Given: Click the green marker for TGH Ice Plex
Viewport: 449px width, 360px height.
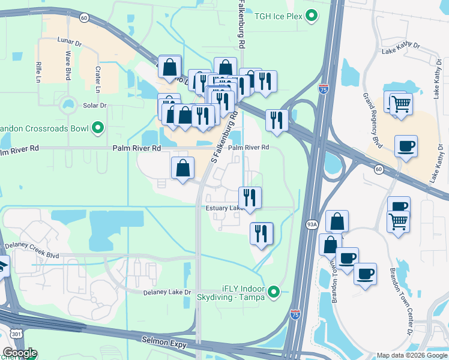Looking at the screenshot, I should click(311, 16).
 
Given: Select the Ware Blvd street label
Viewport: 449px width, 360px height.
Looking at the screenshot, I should click(68, 64).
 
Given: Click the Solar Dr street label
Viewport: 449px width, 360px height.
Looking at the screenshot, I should click(94, 106).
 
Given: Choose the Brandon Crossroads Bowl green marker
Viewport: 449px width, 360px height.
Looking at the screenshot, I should click(97, 127).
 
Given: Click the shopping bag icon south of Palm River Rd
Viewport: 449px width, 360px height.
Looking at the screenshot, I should click(182, 168).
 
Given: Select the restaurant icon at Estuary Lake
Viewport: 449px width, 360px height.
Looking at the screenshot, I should click(250, 197).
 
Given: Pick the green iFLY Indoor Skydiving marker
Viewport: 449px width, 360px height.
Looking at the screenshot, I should click(274, 292).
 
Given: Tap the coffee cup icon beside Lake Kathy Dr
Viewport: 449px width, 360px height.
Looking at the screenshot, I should click(406, 146).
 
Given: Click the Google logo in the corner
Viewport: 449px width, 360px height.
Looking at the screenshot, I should click(19, 353).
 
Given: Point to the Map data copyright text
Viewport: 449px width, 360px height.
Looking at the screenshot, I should click(412, 355).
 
